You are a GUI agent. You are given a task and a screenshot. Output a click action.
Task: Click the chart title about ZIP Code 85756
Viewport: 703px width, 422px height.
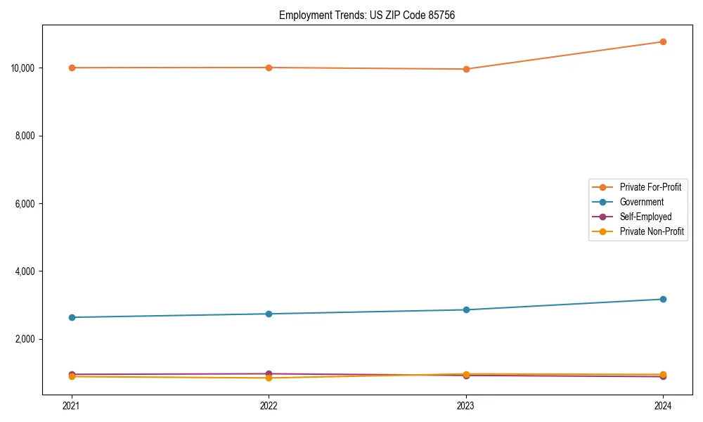click(367, 15)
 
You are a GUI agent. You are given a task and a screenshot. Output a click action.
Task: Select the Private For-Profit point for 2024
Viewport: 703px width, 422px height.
click(663, 41)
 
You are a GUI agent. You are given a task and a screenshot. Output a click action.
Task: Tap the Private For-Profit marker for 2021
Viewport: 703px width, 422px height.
click(72, 68)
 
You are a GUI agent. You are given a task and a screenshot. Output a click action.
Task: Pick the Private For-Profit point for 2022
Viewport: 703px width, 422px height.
click(269, 68)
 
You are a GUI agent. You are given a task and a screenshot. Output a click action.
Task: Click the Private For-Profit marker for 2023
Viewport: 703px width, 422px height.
click(466, 69)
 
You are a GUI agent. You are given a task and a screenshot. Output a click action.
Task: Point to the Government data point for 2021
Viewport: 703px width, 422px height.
click(72, 317)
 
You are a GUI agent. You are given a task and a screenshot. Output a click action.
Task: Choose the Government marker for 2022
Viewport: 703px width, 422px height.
click(269, 314)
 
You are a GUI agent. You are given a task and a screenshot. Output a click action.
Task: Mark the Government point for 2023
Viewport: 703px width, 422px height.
click(466, 309)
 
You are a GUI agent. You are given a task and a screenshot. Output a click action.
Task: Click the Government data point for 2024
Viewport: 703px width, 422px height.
click(663, 299)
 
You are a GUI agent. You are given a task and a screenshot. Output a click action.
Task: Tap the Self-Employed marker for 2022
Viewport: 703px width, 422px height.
click(269, 373)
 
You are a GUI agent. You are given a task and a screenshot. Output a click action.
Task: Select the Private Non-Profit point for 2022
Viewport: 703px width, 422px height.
click(269, 378)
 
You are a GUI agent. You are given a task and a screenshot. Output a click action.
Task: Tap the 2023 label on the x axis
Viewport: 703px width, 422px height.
click(466, 405)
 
